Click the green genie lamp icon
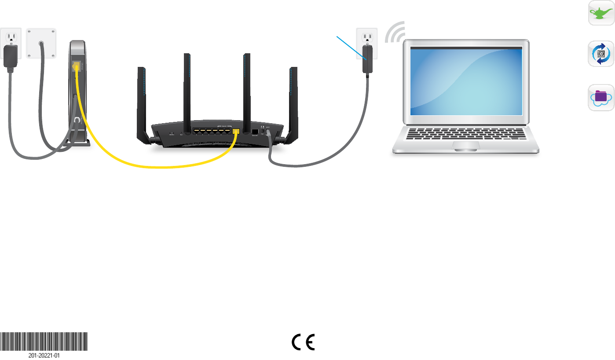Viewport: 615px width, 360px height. [x=601, y=14]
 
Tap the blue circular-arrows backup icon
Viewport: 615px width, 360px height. [x=601, y=54]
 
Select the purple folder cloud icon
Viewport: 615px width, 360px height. [x=601, y=98]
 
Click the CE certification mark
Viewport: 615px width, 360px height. [x=304, y=342]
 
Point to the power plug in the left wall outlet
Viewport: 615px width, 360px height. [x=11, y=55]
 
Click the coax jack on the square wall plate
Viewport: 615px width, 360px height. [x=41, y=44]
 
